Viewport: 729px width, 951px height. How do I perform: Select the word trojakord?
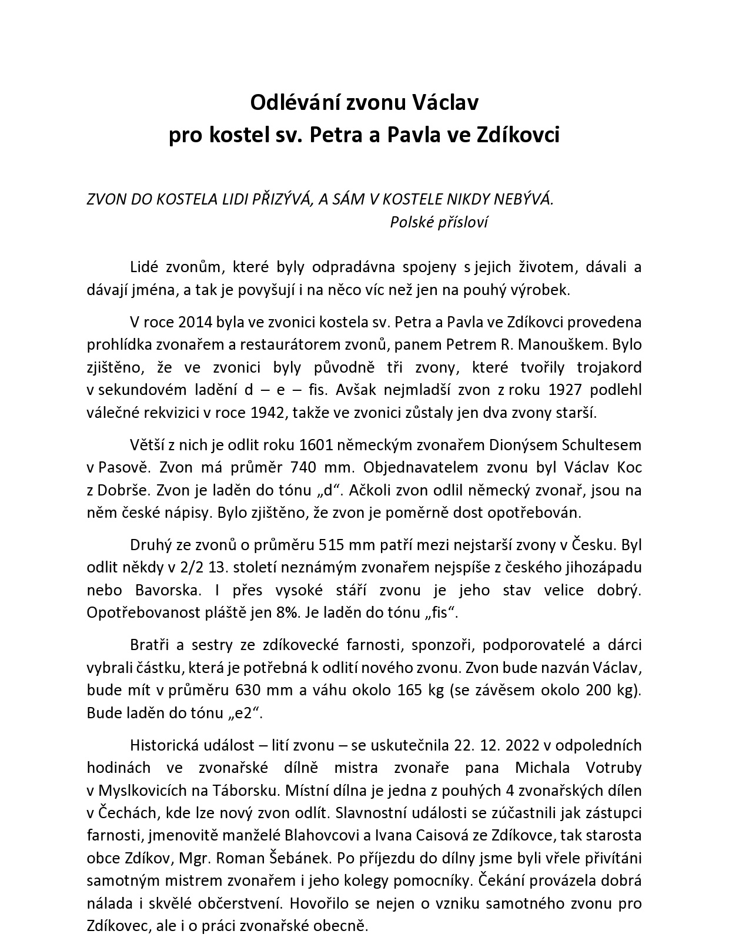(x=609, y=368)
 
